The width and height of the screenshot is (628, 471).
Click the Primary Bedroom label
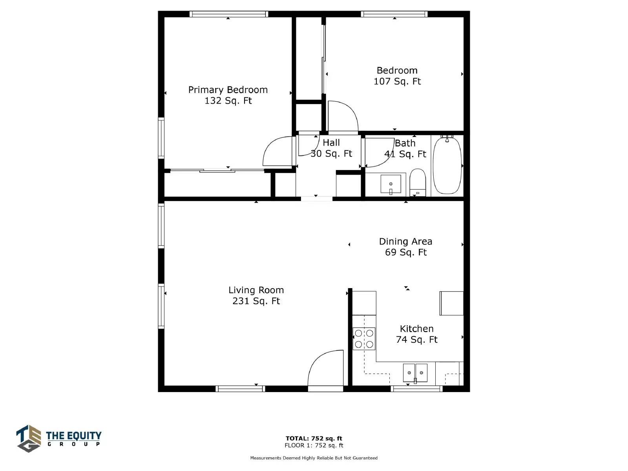(x=228, y=90)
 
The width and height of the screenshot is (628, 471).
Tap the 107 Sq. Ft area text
(x=397, y=81)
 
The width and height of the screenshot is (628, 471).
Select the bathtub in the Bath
(x=447, y=165)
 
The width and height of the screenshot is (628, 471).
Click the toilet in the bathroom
(x=418, y=182)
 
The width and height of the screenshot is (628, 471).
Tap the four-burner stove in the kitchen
(x=363, y=339)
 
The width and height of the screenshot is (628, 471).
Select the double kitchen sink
(x=415, y=373)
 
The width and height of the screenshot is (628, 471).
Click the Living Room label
(x=256, y=290)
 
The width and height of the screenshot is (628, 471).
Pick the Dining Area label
(x=405, y=241)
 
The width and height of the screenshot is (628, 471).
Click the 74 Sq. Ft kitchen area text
(x=416, y=340)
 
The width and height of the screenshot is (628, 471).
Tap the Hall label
(x=331, y=142)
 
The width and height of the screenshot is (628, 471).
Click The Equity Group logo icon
(x=29, y=438)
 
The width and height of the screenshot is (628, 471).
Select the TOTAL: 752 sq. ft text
(x=314, y=438)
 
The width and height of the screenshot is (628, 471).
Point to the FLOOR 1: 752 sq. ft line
(x=314, y=445)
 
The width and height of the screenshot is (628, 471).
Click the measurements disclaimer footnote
(x=314, y=458)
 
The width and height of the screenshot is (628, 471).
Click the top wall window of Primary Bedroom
(x=228, y=14)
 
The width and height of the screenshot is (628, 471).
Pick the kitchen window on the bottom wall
(x=416, y=389)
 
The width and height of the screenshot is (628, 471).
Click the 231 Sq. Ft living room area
(x=256, y=301)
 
